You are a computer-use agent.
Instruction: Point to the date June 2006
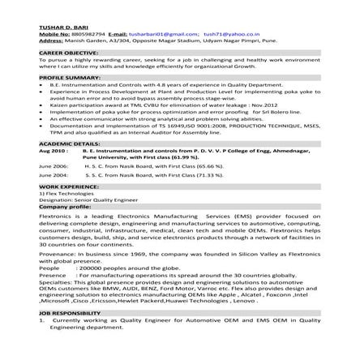(54, 165)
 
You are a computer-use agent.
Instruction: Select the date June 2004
(54, 175)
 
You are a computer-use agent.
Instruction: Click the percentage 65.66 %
(208, 165)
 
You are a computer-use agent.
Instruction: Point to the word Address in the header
(50, 41)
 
